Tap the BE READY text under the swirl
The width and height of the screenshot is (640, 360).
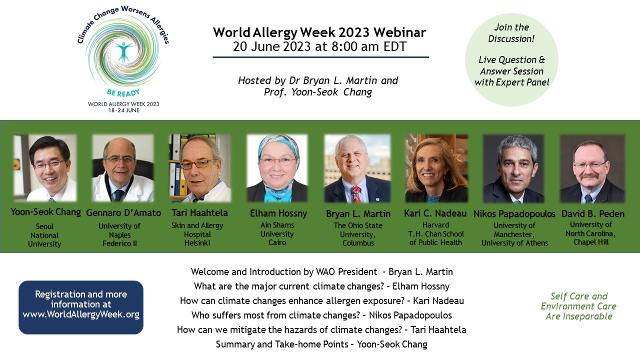[123, 92]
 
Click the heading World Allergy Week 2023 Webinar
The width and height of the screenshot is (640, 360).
[319, 33]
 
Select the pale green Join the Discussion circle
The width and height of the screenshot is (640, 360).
[511, 60]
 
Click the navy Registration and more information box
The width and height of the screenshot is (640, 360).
[81, 307]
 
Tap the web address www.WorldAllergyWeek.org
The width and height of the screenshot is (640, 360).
[81, 314]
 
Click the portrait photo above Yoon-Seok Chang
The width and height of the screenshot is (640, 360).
[45, 168]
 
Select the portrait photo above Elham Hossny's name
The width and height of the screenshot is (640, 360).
[277, 168]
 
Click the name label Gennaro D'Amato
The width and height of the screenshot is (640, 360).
[123, 213]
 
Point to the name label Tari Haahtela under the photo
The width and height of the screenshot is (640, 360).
[199, 213]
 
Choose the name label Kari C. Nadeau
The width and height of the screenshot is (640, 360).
[435, 213]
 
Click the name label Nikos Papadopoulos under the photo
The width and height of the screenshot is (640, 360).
[514, 213]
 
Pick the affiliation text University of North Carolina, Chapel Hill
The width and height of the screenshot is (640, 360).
[590, 233]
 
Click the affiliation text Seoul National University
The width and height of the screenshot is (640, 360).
[44, 235]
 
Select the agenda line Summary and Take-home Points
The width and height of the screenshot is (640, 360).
[321, 344]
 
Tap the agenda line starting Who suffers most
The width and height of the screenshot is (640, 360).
[321, 315]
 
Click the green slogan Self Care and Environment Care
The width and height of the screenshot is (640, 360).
[578, 301]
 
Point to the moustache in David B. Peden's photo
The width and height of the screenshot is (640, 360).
[588, 175]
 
